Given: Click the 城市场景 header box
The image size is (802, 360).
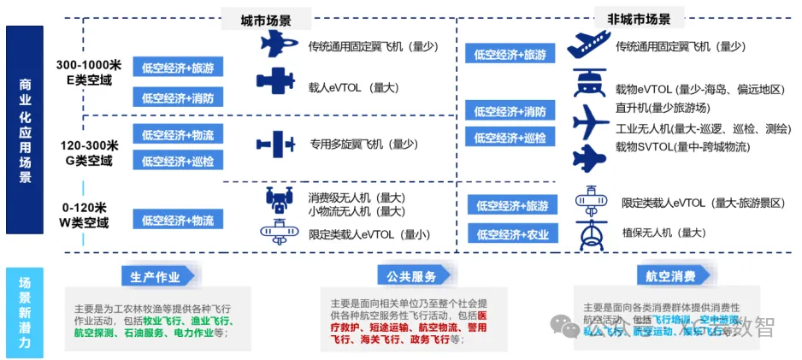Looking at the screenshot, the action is [264, 19].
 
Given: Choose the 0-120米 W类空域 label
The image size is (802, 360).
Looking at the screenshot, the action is [84, 215].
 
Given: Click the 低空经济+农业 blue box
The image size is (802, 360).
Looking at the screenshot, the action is [512, 234].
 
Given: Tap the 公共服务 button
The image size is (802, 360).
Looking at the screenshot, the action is [406, 277].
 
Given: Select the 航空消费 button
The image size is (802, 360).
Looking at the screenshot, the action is [664, 277].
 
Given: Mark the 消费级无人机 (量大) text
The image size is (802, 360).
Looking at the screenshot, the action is [357, 198].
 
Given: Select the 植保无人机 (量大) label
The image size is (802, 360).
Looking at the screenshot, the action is [663, 232].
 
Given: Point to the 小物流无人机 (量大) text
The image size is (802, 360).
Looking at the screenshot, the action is [357, 211].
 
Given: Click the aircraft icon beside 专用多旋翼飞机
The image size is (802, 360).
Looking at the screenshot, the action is [275, 144].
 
